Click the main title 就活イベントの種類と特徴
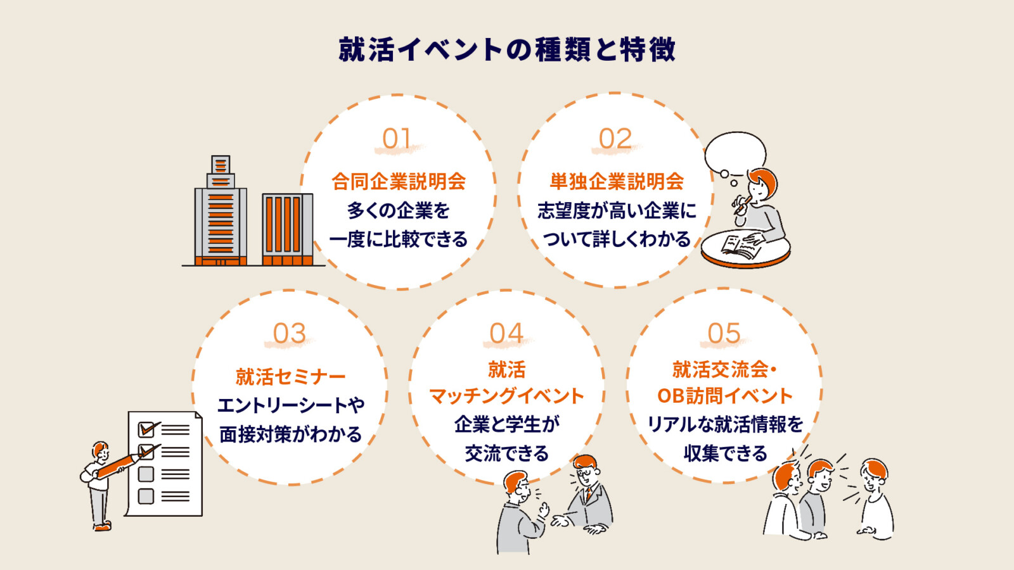[507, 49]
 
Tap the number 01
[397, 139]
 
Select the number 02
[615, 139]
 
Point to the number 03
[290, 334]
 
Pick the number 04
[506, 334]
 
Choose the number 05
[724, 334]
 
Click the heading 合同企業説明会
[399, 182]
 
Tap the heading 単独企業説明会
[617, 182]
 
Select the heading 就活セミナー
[290, 377]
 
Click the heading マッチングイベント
[506, 396]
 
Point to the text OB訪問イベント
[725, 396]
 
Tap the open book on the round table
[740, 246]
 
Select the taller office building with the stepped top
[221, 211]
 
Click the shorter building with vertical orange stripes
[288, 229]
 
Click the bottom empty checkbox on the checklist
[146, 497]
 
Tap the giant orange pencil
[119, 466]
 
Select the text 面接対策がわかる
[290, 434]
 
